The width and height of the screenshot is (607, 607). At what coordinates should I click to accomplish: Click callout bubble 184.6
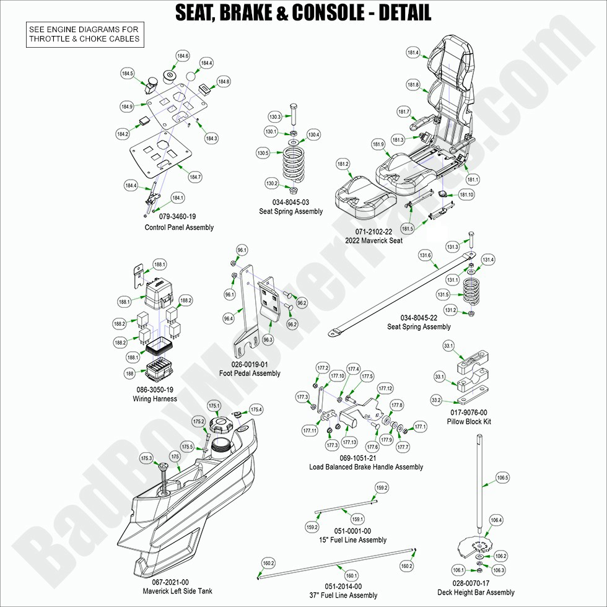click(183, 56)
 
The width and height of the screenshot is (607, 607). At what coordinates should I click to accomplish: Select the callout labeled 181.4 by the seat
click(413, 53)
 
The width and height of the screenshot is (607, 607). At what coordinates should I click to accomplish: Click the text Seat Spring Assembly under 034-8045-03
click(290, 211)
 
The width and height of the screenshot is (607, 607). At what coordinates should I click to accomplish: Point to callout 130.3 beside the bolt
click(275, 116)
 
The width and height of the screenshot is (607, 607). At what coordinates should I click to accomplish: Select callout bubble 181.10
click(466, 194)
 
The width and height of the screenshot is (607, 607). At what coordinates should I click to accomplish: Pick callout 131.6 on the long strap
click(425, 255)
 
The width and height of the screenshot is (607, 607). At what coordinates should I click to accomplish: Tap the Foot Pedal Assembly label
click(250, 373)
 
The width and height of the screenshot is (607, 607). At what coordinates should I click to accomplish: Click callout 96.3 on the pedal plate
click(268, 339)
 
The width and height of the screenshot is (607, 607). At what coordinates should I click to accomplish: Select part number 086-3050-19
click(154, 390)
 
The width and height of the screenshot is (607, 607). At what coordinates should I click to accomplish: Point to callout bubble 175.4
click(256, 409)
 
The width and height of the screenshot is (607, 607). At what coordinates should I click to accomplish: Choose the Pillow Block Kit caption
click(468, 422)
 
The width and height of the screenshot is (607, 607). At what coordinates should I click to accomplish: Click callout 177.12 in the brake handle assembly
click(385, 388)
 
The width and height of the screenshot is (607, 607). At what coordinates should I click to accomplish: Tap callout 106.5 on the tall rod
click(502, 478)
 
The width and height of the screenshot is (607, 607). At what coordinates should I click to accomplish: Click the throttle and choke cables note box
click(84, 33)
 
